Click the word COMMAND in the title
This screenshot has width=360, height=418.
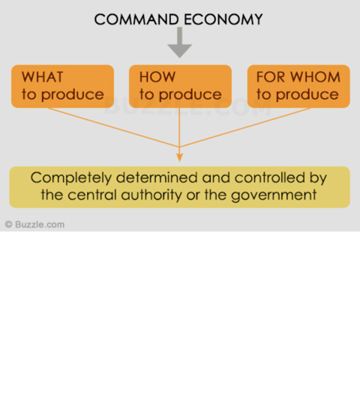[136, 19]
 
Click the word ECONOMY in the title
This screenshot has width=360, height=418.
[223, 19]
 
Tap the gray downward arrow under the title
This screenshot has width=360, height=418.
[179, 43]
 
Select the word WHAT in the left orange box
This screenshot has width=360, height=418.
[42, 77]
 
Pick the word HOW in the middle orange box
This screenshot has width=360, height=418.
[157, 77]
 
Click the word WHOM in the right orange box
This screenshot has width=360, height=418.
[315, 77]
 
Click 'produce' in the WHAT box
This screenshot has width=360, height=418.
[72, 95]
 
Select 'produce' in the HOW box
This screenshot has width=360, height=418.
[190, 95]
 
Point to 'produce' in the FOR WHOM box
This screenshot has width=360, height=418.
[307, 95]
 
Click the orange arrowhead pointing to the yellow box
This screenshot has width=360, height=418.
[179, 157]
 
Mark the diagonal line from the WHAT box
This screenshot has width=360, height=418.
[113, 127]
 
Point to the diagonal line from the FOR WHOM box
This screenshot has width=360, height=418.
[245, 127]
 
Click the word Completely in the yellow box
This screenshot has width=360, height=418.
[71, 178]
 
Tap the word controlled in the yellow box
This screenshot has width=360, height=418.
[269, 178]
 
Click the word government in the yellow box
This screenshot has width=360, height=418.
[274, 196]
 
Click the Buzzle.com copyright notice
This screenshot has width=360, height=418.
[34, 225]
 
